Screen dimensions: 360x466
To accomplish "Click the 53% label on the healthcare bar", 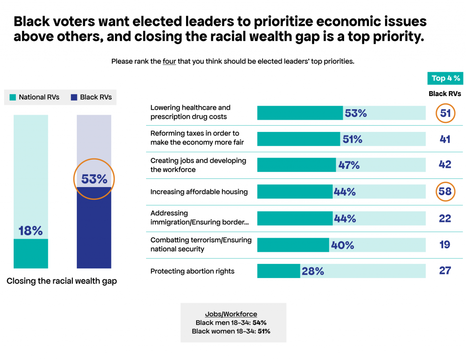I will (355, 113).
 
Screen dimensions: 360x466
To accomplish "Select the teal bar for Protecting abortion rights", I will (279, 271).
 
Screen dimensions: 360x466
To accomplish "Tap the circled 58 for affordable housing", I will (445, 192).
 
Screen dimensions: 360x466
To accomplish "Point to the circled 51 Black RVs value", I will (445, 113).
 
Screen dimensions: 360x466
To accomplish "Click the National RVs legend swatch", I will (13, 97).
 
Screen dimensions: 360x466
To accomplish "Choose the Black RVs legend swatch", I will (74, 97).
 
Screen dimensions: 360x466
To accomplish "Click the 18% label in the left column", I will (30, 231).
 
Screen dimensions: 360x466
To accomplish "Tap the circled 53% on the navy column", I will (94, 179).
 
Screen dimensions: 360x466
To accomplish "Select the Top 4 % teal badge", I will (446, 78).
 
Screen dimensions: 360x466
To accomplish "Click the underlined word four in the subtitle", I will (169, 61).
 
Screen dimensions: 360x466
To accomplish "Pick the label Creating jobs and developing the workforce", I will (198, 165).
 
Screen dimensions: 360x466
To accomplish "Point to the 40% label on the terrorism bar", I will (342, 245).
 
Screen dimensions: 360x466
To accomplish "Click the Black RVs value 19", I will (445, 244).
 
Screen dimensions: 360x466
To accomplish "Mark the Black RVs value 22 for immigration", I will (445, 218).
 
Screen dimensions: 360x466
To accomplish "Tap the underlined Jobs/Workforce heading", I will (231, 314).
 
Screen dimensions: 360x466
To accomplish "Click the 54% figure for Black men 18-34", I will (259, 323).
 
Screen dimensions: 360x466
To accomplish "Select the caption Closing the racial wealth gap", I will (61, 281).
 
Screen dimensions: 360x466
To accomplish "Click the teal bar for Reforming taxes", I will (298, 139).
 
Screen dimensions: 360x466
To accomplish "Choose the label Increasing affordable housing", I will (199, 192).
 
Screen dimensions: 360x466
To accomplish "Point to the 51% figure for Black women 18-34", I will (263, 331).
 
